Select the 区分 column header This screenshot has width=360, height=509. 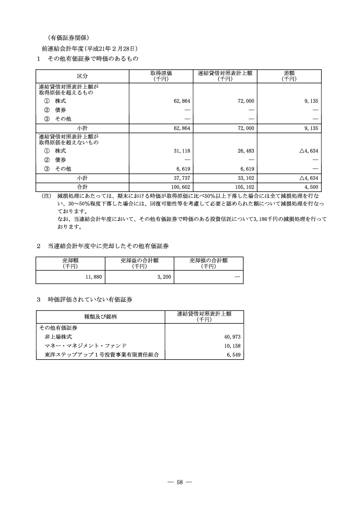(x=82, y=76)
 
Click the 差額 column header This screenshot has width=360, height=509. (x=288, y=76)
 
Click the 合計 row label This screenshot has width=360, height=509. (x=82, y=187)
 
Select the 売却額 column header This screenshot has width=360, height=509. (x=70, y=263)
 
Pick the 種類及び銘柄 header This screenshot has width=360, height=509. (x=100, y=316)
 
